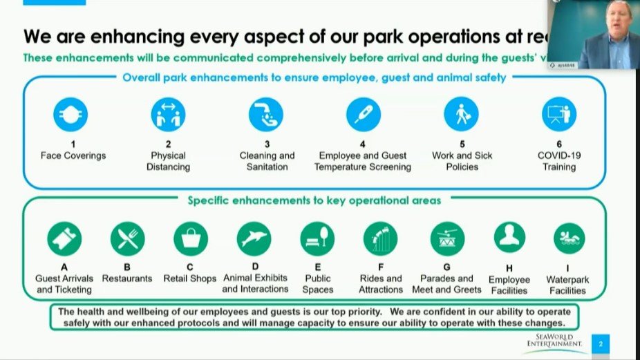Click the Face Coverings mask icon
[x=70, y=115]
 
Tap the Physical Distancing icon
[x=168, y=115]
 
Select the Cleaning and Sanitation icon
[x=266, y=115]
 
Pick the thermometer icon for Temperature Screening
[x=364, y=115]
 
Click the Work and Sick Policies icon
[x=462, y=115]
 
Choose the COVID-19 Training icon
[x=559, y=115]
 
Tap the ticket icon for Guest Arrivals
[x=64, y=239]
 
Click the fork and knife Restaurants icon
[x=127, y=239]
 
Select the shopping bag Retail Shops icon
[x=190, y=239]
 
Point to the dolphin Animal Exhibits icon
[x=254, y=239]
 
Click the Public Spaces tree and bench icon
[x=317, y=239]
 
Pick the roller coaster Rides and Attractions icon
[x=380, y=239]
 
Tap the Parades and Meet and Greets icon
[x=447, y=239]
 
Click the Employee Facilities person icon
[x=509, y=238]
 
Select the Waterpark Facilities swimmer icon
[x=569, y=238]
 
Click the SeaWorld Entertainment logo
[x=554, y=342]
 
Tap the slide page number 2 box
[x=601, y=343]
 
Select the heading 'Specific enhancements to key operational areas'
[x=314, y=200]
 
